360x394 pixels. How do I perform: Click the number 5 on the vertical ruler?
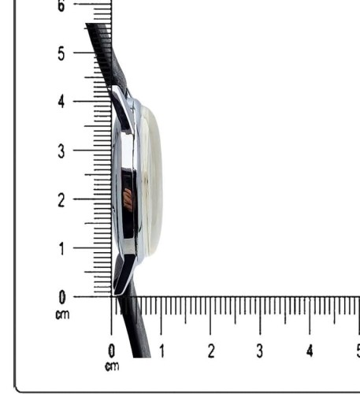(x=61, y=54)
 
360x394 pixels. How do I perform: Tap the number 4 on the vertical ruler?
(x=61, y=102)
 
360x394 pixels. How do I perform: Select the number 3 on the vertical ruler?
(x=61, y=151)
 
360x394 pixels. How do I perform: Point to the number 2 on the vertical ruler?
(x=61, y=200)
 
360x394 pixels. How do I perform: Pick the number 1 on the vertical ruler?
(x=61, y=249)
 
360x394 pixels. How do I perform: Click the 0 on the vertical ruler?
(x=62, y=298)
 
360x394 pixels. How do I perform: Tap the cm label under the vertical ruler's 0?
(x=62, y=314)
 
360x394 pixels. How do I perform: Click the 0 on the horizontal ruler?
(x=112, y=351)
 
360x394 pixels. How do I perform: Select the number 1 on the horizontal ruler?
(x=162, y=351)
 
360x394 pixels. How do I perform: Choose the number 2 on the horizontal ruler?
(x=211, y=351)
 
